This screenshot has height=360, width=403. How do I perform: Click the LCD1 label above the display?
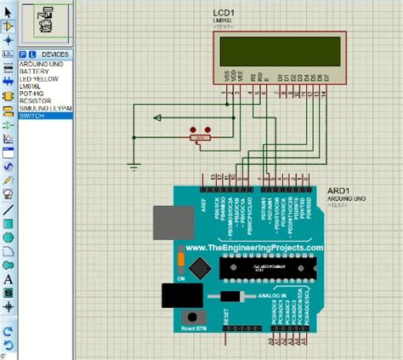226,18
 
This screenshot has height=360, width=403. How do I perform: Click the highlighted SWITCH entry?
33,115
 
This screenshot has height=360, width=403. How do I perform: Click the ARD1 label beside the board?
338,191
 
